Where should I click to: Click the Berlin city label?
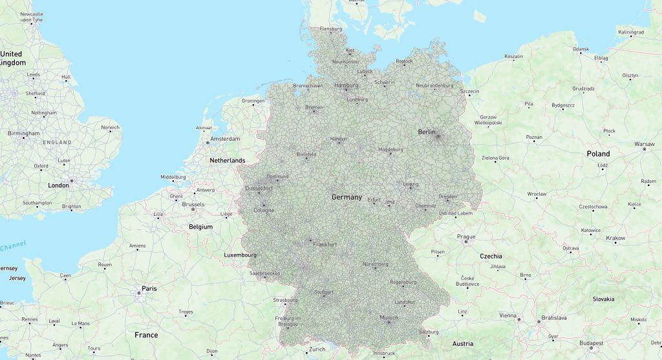coord(427,132)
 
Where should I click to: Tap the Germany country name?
coord(347,196)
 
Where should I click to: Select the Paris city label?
coord(149,288)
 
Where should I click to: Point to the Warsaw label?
coord(645,144)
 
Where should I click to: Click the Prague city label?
coord(466,237)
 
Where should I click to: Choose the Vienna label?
coord(508,315)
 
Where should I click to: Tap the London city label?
coord(58,185)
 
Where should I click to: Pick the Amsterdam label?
coord(225,139)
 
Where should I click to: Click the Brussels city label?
coord(193,204)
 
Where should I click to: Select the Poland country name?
coord(598,154)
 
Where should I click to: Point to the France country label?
coord(146,335)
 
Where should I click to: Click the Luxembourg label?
coord(240,255)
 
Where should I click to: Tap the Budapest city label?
coord(592,343)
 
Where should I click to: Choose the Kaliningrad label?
coord(631,32)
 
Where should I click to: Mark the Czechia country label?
coord(491,256)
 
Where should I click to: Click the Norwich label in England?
coord(111,127)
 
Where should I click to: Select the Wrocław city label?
coord(537,194)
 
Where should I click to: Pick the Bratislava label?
coord(554,318)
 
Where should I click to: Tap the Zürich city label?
coord(317,350)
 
